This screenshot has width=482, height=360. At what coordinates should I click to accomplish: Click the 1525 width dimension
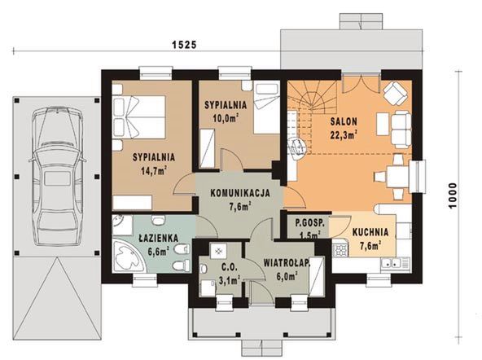[x=184, y=45]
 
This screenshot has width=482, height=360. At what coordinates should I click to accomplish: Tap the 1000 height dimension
[x=453, y=195]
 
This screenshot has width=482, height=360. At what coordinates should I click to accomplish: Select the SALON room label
[x=344, y=121]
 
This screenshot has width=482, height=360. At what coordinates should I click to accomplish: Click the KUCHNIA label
[x=370, y=232]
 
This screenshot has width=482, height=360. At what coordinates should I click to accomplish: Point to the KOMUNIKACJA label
[x=240, y=193]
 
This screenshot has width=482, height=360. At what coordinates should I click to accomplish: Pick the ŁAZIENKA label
[x=158, y=239]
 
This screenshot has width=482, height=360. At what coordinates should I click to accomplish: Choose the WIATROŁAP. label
[x=287, y=263]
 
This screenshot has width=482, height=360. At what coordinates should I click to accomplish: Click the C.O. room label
[x=230, y=268]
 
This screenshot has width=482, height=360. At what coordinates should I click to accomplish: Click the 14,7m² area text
[x=154, y=170]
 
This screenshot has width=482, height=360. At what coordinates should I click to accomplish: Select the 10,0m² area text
[x=226, y=118]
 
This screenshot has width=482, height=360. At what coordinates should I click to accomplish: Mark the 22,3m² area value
[x=344, y=134]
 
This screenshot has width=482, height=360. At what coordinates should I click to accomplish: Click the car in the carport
[x=57, y=176]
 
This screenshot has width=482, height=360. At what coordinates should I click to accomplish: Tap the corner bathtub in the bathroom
[x=129, y=255]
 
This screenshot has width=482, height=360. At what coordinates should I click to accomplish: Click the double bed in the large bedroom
[x=139, y=117]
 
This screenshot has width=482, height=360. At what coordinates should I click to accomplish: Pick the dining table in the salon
[x=397, y=177]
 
